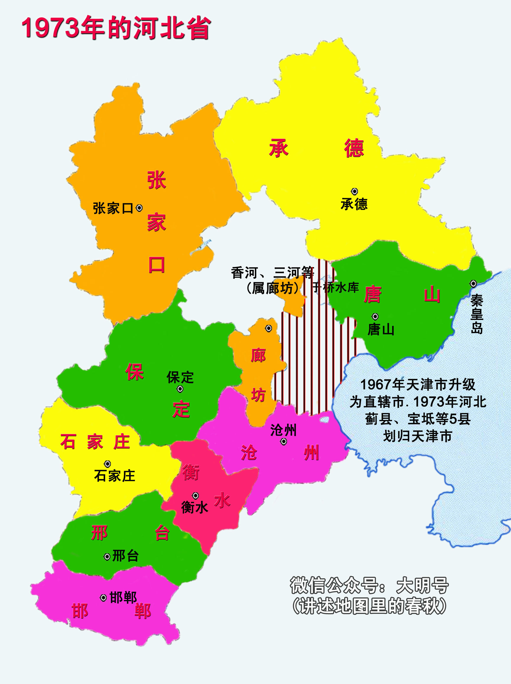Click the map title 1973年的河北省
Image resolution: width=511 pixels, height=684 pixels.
click(x=116, y=28)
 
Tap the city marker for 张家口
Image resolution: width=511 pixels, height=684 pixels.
click(x=139, y=208)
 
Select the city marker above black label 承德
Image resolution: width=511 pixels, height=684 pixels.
click(x=354, y=191)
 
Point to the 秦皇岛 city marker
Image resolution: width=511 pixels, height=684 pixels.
click(x=473, y=283)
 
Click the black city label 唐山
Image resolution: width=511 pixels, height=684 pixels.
click(x=381, y=330)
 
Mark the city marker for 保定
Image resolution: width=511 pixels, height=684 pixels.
click(x=180, y=389)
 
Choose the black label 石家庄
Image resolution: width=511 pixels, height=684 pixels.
click(x=115, y=476)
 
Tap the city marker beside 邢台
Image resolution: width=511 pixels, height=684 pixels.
click(x=107, y=557)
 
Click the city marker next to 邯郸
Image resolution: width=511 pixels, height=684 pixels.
click(x=103, y=598)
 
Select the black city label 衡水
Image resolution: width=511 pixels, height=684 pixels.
click(x=194, y=507)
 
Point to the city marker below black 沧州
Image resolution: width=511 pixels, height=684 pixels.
click(x=283, y=442)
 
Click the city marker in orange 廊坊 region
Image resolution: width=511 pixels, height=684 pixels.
click(x=269, y=328)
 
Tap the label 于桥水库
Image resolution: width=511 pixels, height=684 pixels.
click(x=335, y=287)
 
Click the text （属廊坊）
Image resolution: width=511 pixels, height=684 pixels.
click(x=272, y=289)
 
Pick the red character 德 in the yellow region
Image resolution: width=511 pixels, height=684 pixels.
click(x=354, y=148)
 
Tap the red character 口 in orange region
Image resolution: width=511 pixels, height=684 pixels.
click(x=157, y=265)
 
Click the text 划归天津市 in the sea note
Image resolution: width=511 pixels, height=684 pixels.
click(x=417, y=436)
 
